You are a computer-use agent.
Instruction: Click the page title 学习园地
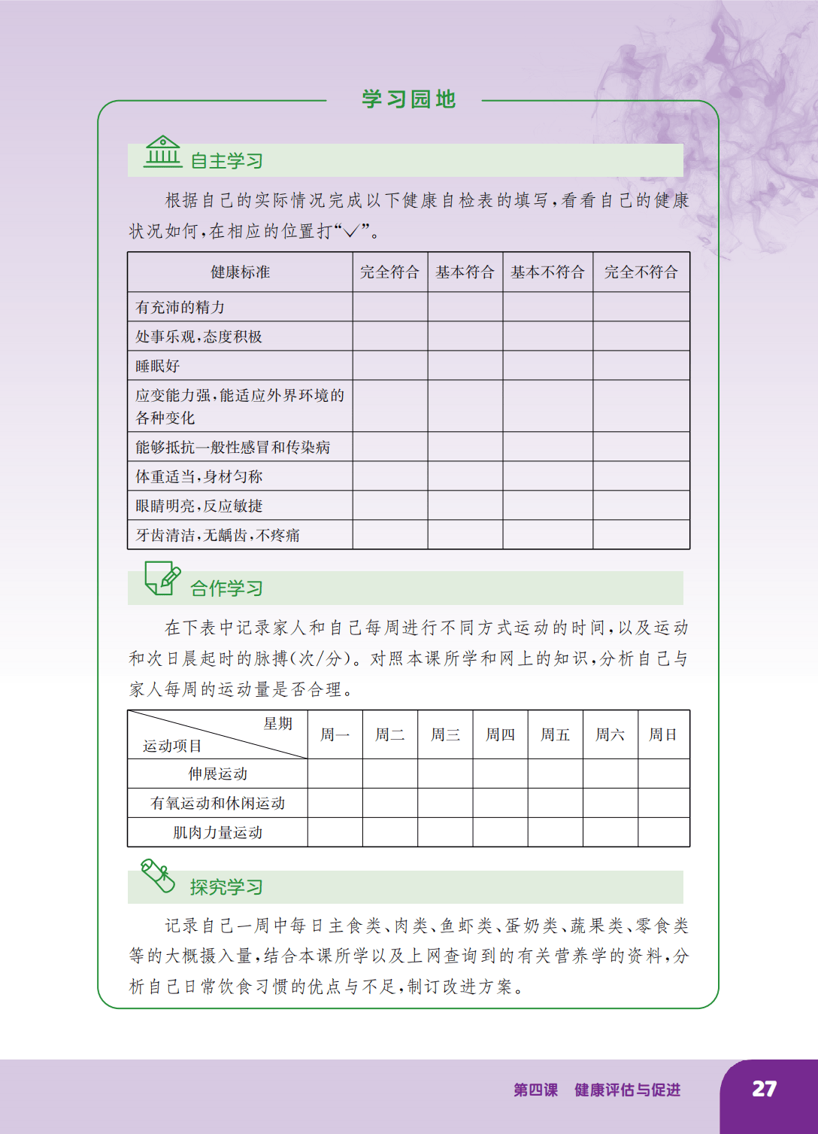408,99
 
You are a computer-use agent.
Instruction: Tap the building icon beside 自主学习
163,151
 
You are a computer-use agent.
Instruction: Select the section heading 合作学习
226,588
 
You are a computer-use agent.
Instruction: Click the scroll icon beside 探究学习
158,876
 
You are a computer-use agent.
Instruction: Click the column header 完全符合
389,272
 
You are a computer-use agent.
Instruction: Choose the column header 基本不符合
547,272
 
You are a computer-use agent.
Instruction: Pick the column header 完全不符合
641,272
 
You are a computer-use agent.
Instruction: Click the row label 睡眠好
158,366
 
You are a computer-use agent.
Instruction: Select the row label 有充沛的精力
180,308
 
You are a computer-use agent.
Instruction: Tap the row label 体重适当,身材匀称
199,476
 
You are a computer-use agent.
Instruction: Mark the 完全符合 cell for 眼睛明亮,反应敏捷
390,506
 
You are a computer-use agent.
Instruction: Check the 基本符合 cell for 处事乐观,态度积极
465,336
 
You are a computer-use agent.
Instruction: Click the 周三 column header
445,734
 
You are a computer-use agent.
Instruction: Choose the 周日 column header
663,734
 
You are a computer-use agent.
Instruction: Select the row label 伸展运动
218,774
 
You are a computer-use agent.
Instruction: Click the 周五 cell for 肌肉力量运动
555,832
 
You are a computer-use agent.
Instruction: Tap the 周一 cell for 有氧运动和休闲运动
335,803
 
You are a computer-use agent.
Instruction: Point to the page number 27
764,1089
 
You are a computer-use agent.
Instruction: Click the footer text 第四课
535,1090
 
